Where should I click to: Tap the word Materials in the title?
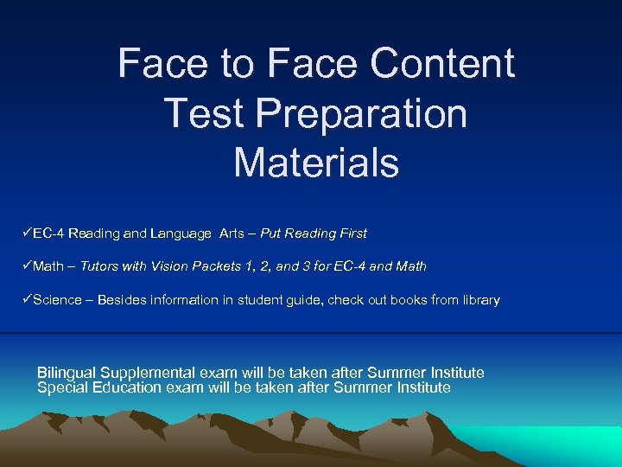tap(316, 163)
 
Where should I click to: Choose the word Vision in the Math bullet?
tap(170, 266)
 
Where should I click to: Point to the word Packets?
tap(220, 266)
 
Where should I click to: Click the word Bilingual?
tap(67, 373)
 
